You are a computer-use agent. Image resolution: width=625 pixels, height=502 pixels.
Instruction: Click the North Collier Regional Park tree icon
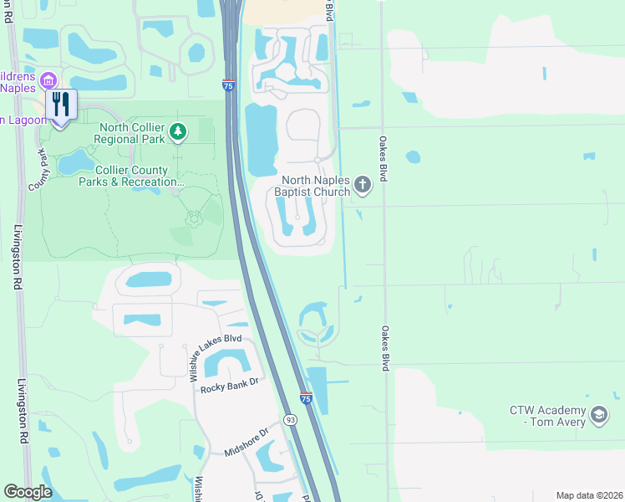[177, 131]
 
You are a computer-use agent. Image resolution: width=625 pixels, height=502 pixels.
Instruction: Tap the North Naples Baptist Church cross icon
[362, 185]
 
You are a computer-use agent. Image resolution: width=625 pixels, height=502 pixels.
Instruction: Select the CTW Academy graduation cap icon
[598, 415]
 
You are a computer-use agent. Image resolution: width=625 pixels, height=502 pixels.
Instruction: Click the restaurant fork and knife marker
[60, 105]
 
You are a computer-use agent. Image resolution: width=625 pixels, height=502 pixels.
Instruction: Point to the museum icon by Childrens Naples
[48, 81]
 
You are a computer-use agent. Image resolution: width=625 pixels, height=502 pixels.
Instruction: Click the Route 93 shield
[289, 418]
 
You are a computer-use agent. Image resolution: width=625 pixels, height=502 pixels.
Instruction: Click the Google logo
[28, 492]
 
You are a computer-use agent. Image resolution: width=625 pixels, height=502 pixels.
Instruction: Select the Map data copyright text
[589, 495]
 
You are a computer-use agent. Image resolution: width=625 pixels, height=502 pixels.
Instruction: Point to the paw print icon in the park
[194, 218]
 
